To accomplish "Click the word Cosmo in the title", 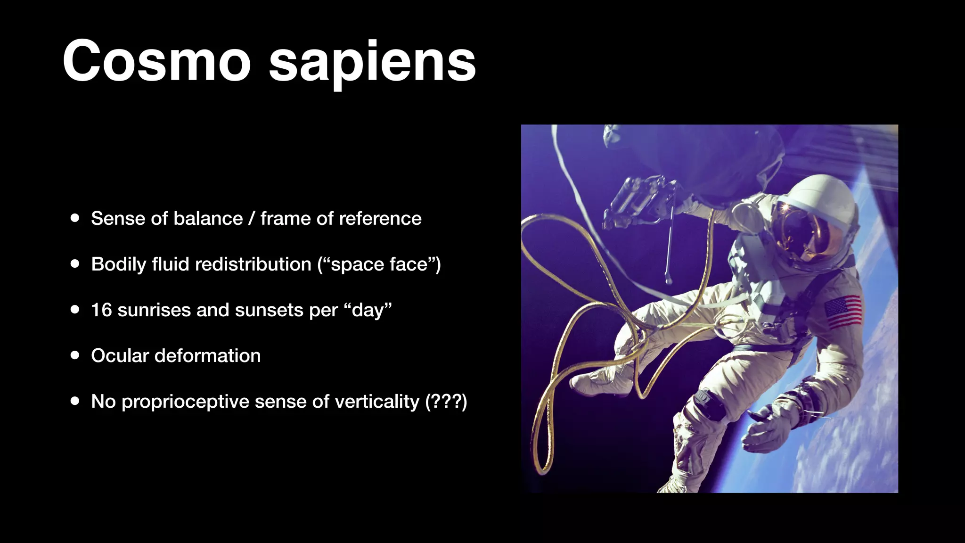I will [156, 61].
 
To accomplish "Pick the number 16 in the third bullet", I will [101, 310].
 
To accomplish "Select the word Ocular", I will [120, 356].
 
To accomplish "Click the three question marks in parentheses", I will [446, 402].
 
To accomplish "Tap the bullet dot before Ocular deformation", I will [75, 356].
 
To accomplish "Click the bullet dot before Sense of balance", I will [75, 219].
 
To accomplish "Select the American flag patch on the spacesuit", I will [843, 311].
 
